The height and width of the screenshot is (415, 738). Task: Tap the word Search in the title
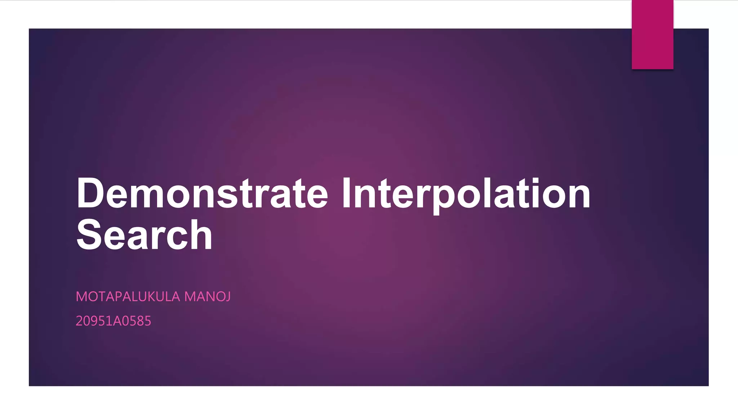pos(144,235)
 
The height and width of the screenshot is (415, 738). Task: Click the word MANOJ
pos(208,297)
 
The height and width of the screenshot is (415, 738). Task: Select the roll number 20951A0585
pos(113,321)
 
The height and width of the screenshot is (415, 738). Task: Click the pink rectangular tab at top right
pos(652,34)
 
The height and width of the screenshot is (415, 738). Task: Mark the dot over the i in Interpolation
pos(534,180)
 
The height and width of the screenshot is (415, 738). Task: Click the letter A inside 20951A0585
pos(117,321)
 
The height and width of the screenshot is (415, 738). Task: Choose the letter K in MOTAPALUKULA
pos(148,297)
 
